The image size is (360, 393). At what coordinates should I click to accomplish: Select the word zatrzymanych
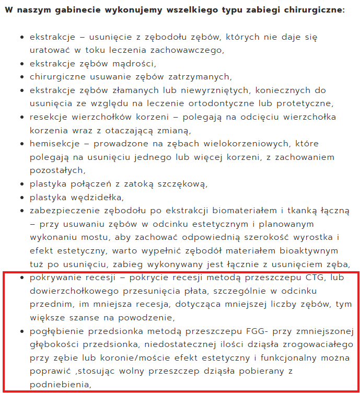(198, 77)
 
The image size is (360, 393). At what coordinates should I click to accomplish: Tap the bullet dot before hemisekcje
(21, 144)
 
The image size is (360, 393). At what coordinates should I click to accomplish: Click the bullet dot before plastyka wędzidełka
(21, 198)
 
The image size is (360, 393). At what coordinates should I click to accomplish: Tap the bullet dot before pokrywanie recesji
(21, 278)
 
